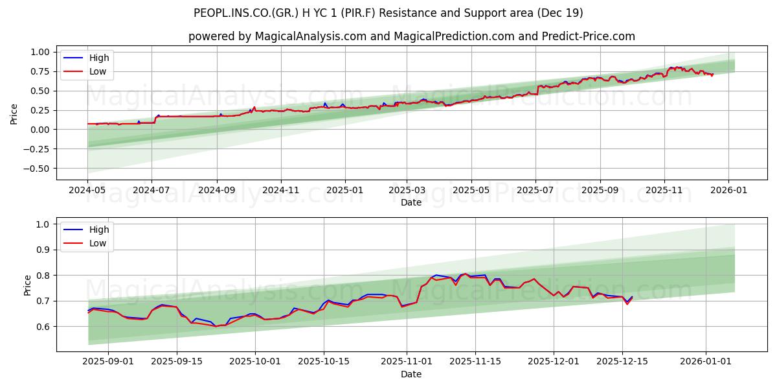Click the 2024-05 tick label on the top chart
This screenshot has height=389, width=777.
(x=87, y=191)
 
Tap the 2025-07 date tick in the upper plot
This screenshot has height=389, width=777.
(x=535, y=191)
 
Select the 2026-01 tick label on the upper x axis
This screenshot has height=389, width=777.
(x=728, y=191)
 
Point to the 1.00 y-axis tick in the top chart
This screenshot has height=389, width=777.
(x=40, y=52)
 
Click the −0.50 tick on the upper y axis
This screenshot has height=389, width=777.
(x=38, y=169)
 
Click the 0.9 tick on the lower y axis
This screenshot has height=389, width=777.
(x=43, y=250)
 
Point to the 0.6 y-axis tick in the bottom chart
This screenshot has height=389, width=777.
(x=43, y=327)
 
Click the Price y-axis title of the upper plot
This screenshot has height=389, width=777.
(x=14, y=114)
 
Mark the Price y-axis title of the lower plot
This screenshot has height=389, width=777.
(x=27, y=285)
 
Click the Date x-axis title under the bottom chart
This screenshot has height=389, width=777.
(x=411, y=374)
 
